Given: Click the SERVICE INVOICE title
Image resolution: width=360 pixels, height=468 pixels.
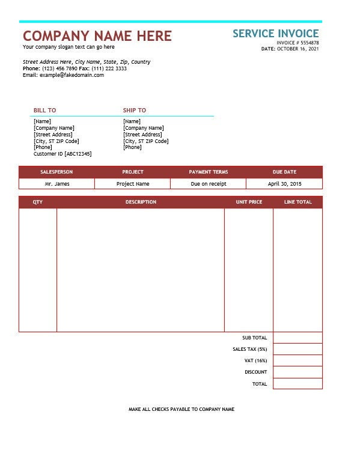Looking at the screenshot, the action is tap(276, 34).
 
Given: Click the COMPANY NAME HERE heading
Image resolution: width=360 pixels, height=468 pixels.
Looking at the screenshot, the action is tap(97, 35).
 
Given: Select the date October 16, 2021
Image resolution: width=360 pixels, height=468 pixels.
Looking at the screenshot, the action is tap(298, 49).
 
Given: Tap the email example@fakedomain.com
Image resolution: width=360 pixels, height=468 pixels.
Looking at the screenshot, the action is tap(72, 75).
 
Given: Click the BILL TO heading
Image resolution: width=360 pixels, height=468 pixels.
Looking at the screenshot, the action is tap(44, 110).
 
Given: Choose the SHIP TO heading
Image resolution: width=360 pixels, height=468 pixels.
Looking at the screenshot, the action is tap(135, 110).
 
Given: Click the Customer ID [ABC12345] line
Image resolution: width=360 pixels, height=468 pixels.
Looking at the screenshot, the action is tap(63, 154).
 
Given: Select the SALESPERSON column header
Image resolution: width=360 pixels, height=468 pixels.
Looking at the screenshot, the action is tap(56, 172).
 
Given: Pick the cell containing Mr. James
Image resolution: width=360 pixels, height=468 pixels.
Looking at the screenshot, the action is tap(56, 184).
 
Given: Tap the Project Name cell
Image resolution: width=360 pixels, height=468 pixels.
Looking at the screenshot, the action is tap(133, 184).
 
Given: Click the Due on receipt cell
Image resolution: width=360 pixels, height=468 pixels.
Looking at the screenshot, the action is tap(209, 184).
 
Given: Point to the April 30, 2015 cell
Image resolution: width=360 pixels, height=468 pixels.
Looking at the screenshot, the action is tap(285, 184).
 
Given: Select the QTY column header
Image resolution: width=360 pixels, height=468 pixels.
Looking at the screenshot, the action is tap(38, 202).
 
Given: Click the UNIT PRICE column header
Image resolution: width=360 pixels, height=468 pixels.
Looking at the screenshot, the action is tap(249, 202).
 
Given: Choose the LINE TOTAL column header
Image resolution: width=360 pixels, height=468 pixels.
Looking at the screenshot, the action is tap(298, 202).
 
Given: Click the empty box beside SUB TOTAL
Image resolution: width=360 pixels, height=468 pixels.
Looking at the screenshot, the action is tap(297, 338).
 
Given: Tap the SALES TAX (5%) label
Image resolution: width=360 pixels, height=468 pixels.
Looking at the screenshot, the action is tap(249, 349).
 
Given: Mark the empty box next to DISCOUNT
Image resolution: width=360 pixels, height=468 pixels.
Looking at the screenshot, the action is tap(297, 372).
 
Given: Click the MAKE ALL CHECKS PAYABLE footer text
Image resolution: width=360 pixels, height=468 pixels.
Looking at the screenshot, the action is tap(182, 409).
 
